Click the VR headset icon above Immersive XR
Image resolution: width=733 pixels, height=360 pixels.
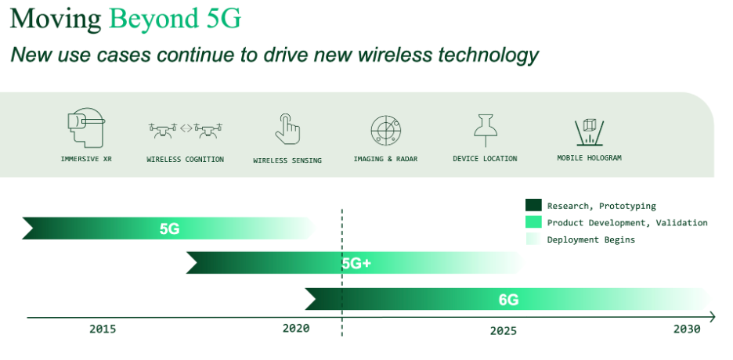point(85,128)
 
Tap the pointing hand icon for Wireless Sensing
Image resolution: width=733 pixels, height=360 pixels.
point(287,129)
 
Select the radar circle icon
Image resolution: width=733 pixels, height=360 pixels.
point(385,130)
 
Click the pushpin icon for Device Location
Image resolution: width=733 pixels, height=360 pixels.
point(486,130)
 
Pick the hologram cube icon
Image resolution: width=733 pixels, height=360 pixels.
point(589,132)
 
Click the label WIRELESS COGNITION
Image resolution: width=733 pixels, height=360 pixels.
point(185,159)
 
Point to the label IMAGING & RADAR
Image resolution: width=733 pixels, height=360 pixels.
point(385,159)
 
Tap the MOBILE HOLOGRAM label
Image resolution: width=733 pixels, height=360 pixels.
point(589,158)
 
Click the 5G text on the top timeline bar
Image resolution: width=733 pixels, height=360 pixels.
point(169,229)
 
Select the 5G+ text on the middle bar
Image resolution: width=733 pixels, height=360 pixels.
point(356,264)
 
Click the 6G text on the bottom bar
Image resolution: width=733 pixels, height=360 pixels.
point(508,300)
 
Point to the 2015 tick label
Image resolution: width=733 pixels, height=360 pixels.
point(103,329)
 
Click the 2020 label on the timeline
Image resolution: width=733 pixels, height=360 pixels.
point(296,329)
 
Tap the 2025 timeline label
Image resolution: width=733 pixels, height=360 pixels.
point(504,331)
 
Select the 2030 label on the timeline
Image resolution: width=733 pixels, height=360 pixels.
point(688,329)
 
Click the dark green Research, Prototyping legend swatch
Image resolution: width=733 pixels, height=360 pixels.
point(533,205)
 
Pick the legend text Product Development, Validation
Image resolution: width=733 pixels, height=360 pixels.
point(627,223)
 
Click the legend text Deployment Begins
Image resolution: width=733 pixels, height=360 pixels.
point(591,239)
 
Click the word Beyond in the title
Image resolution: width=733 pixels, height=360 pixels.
point(151,20)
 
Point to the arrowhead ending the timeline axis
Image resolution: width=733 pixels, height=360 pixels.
point(712,318)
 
